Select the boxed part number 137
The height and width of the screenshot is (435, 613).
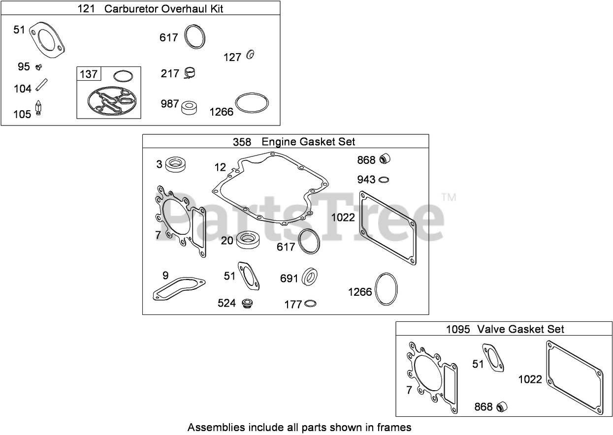coord(89,74)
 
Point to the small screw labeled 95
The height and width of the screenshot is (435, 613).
coord(39,66)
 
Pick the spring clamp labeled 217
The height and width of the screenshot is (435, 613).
coord(190,73)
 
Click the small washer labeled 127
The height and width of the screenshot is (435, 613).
coord(250,55)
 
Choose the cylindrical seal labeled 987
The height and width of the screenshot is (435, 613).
coord(190,107)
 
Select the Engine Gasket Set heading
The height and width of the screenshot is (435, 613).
coord(308,142)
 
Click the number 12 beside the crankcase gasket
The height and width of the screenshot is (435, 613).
coord(220,167)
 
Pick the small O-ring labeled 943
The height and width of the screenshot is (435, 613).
coord(385,179)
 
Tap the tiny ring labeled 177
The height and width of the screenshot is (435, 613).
coord(310,304)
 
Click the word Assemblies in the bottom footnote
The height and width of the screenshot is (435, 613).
coord(212,427)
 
